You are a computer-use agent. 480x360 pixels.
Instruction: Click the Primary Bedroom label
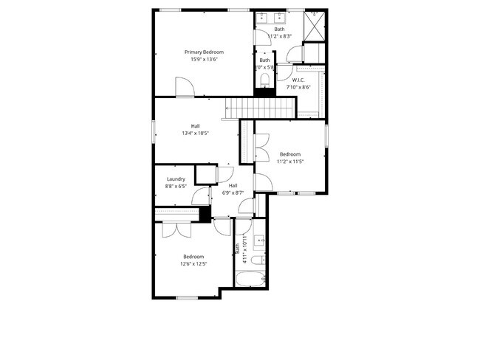(204, 52)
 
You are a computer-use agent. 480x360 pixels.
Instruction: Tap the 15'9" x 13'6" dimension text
(204, 60)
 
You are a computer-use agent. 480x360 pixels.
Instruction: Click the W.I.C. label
(298, 80)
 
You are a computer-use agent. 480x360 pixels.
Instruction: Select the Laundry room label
(176, 179)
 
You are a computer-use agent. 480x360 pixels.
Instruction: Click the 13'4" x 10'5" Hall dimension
(196, 134)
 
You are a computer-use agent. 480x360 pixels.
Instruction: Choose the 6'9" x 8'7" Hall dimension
(233, 193)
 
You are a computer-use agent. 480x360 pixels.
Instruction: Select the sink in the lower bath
(259, 240)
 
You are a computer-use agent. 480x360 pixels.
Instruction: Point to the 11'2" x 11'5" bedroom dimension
(289, 161)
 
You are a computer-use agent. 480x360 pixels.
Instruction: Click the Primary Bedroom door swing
(185, 88)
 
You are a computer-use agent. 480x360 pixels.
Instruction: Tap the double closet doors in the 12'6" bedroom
(177, 229)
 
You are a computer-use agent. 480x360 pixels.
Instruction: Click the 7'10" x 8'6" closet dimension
(298, 87)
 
